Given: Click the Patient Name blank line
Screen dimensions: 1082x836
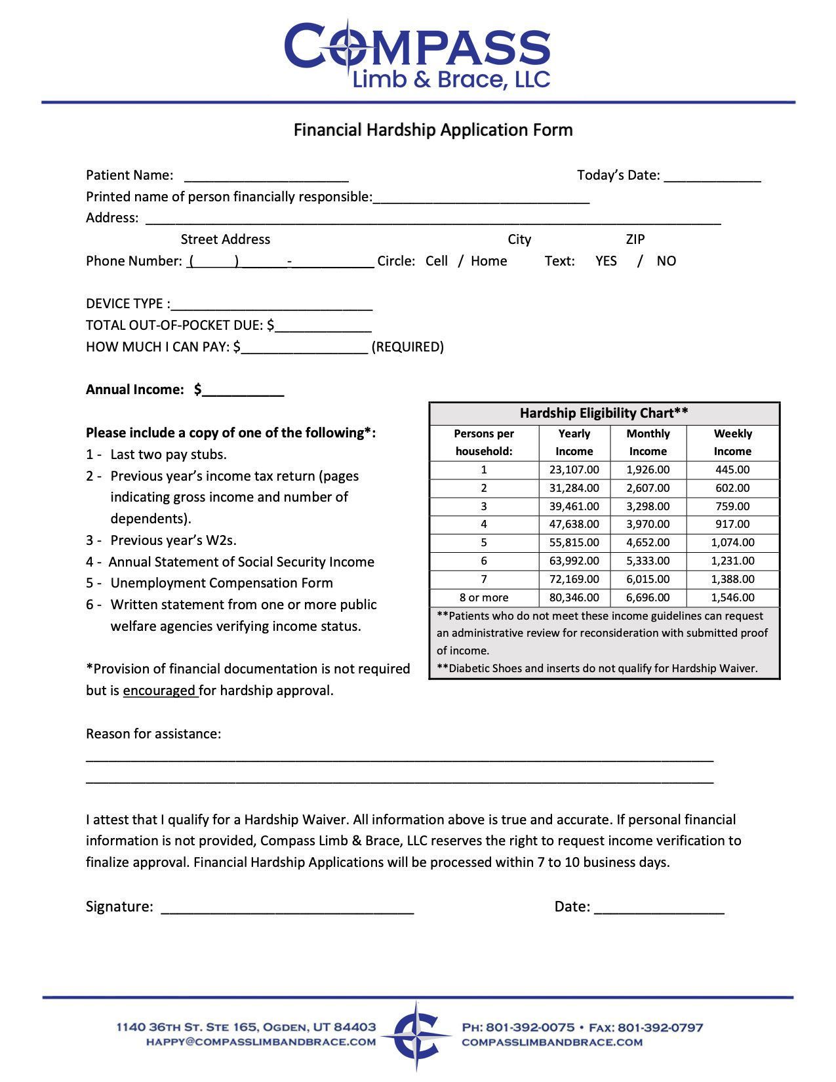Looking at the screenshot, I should [266, 177].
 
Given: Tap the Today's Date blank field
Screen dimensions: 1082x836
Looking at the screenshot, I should [712, 177].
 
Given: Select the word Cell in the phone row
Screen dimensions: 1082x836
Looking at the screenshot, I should [436, 261].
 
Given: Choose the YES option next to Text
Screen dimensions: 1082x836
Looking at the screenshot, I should [606, 261].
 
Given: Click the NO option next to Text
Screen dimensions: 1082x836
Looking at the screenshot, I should [666, 261].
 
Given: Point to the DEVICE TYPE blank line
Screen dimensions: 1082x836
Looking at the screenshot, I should [271, 306].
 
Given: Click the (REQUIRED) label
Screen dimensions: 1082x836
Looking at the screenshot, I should [407, 347].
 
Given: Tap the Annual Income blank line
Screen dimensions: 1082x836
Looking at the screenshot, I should [243, 391].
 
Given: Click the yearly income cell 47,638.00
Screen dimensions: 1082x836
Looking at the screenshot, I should [574, 524].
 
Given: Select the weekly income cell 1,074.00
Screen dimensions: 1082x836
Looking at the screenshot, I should [732, 542].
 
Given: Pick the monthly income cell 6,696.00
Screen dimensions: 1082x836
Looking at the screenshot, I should [647, 597].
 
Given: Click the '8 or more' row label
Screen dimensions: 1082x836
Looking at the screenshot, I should [484, 597].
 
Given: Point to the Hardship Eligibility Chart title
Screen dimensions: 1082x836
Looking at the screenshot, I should [604, 413].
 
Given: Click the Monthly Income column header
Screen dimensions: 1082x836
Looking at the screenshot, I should [647, 442].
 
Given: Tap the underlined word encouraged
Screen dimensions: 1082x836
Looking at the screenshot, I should [159, 691].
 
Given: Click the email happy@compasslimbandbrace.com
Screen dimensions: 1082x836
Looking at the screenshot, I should [260, 1041].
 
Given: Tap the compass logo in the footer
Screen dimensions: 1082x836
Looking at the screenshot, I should [417, 1034].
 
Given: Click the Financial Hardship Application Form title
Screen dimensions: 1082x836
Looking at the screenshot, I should [433, 130].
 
